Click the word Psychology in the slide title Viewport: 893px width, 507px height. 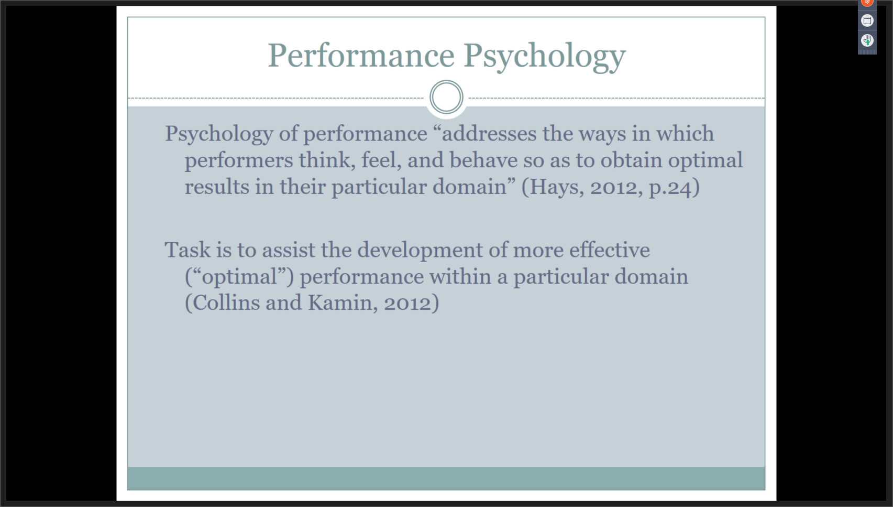(544, 58)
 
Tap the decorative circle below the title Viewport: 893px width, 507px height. (446, 98)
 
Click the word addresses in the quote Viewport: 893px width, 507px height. (489, 133)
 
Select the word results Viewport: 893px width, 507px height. (217, 187)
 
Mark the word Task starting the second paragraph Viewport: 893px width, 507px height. (188, 250)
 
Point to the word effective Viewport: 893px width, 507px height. (609, 250)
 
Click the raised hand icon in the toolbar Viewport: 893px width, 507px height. (867, 40)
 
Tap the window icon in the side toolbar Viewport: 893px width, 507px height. (867, 20)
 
